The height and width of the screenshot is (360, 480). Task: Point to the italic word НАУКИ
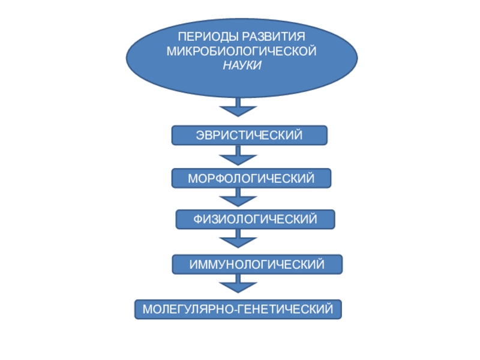(x=242, y=65)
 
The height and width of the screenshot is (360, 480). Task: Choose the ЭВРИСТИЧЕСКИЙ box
(x=249, y=136)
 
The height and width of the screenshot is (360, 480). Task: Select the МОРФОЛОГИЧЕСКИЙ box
(x=251, y=178)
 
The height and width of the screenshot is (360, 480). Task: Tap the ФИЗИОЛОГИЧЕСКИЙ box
(x=255, y=220)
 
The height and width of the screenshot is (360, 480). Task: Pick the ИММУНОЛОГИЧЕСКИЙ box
(x=257, y=264)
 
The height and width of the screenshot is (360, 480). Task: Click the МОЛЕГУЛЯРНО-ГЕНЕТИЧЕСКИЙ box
(x=238, y=310)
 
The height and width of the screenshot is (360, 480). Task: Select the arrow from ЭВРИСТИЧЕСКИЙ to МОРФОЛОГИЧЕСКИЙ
(x=238, y=158)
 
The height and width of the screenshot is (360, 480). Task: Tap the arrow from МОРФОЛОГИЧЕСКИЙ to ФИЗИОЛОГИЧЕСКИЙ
(x=238, y=199)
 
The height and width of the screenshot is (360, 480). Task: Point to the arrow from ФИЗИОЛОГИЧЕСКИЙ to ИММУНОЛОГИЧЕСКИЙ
(x=238, y=241)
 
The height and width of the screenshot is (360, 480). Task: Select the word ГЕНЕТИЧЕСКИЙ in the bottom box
(x=286, y=310)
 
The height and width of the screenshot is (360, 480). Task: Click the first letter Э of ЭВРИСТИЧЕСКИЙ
(x=200, y=136)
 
